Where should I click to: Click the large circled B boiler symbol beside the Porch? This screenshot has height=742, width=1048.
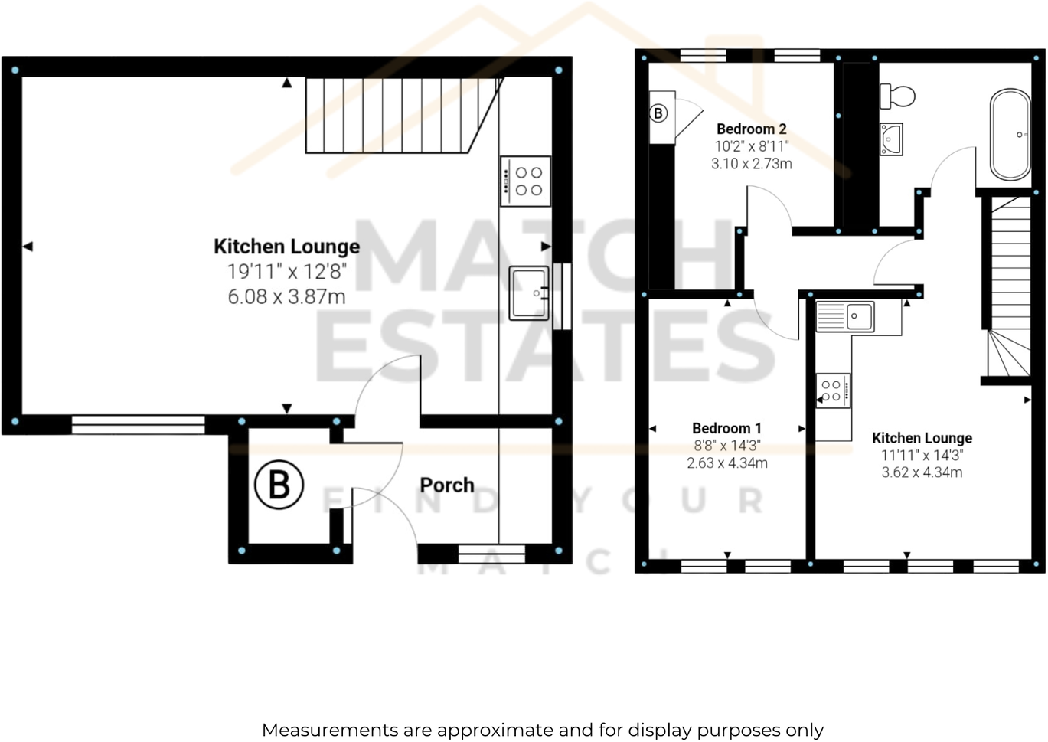point(279,485)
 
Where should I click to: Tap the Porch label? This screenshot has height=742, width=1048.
point(447,485)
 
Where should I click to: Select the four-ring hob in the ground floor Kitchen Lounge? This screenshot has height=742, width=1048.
point(527,181)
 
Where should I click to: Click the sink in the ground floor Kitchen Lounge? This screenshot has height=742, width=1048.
point(529,293)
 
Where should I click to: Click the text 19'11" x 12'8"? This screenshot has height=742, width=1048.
point(286,271)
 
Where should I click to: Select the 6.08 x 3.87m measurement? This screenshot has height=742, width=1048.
point(286,296)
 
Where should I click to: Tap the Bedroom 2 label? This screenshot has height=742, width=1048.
point(751,129)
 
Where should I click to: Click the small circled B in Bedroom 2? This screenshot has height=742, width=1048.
point(658,113)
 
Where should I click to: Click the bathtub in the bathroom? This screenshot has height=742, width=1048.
point(1010,135)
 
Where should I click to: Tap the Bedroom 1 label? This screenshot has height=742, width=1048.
point(726,428)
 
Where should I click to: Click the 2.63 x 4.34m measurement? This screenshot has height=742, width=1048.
point(726,463)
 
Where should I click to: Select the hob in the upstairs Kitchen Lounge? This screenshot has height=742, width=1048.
point(833,391)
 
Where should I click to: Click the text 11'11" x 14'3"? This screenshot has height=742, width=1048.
point(922,455)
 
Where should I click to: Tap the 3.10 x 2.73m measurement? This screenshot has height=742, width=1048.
point(751,164)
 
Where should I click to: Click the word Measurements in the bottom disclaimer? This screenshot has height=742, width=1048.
point(329,731)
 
